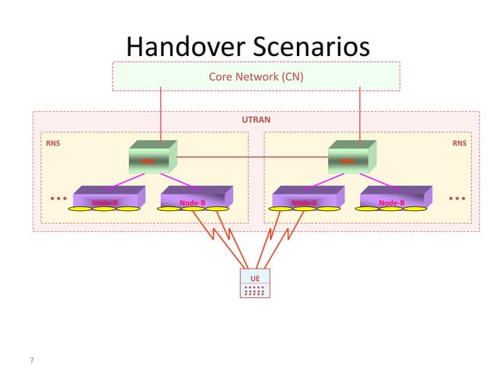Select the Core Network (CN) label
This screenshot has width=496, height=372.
pyautogui.click(x=256, y=77)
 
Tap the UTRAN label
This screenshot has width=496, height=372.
pyautogui.click(x=256, y=121)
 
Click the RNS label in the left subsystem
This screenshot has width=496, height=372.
pyautogui.click(x=53, y=143)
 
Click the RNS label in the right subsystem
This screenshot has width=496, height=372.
pyautogui.click(x=459, y=143)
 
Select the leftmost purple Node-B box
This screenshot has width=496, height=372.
pyautogui.click(x=107, y=199)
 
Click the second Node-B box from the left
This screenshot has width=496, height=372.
pyautogui.click(x=194, y=199)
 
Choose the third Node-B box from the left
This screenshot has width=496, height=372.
pyautogui.click(x=306, y=199)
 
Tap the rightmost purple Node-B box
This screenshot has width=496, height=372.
pyautogui.click(x=393, y=199)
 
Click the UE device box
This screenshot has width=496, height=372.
pyautogui.click(x=253, y=285)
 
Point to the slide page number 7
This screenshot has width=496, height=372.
pyautogui.click(x=32, y=360)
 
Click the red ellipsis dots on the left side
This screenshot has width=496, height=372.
pyautogui.click(x=58, y=198)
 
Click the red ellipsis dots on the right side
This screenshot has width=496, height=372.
pyautogui.click(x=457, y=198)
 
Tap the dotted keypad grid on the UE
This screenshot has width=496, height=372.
pyautogui.click(x=253, y=290)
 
